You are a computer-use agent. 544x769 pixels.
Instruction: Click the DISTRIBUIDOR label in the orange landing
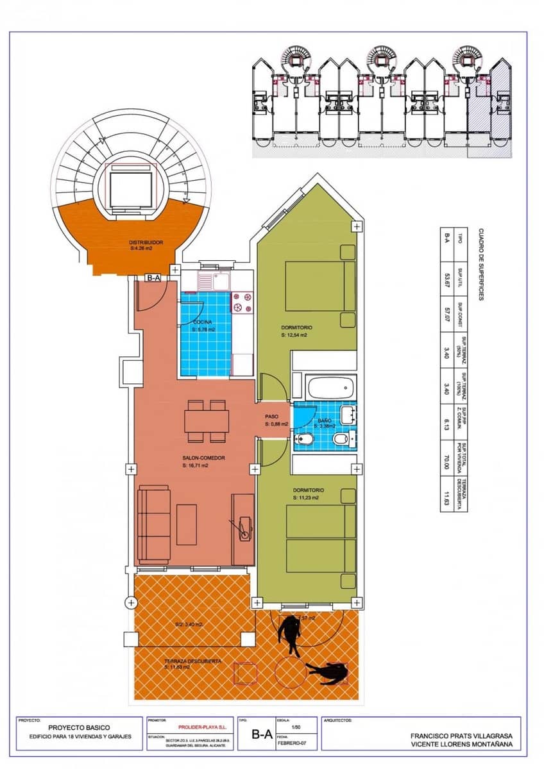coord(146,242)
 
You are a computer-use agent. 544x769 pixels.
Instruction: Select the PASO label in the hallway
coord(272,416)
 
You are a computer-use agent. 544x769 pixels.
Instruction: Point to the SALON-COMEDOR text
coord(203,458)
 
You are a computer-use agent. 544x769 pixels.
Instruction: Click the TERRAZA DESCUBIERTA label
coord(175,661)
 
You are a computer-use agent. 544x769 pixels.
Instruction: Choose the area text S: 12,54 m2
coord(294,335)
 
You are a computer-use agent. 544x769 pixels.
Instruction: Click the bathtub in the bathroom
coord(331,388)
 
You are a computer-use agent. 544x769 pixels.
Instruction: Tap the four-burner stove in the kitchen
coord(243,302)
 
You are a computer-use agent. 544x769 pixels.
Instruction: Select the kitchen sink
coord(208,280)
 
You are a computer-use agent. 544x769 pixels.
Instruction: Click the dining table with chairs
coord(207,421)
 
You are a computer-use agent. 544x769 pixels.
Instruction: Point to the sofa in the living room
coord(154,524)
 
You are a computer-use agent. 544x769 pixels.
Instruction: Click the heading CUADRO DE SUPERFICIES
coord(481,263)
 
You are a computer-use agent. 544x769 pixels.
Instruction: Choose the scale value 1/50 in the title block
coord(296,727)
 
